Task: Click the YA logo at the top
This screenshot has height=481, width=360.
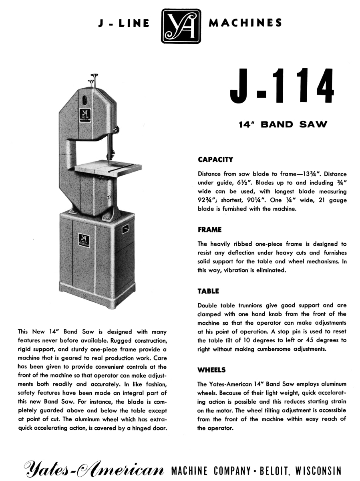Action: [181, 26]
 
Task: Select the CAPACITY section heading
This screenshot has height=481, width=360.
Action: [215, 160]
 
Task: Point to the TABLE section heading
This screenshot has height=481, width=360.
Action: [208, 291]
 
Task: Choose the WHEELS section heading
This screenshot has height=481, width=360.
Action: [212, 370]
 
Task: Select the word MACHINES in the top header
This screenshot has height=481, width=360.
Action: [245, 23]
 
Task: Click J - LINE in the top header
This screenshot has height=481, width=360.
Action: [124, 24]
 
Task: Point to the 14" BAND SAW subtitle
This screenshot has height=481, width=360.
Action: [282, 125]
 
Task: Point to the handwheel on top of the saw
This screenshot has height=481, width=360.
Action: [95, 76]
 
